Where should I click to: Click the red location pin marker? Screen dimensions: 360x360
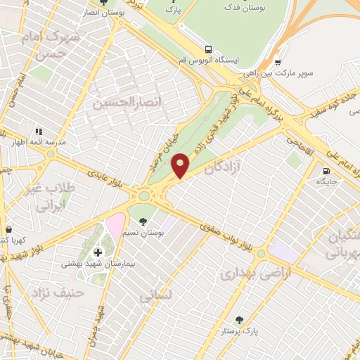181,165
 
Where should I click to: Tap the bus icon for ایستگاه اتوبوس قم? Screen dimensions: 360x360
207,49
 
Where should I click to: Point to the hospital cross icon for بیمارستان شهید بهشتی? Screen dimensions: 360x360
97,252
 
